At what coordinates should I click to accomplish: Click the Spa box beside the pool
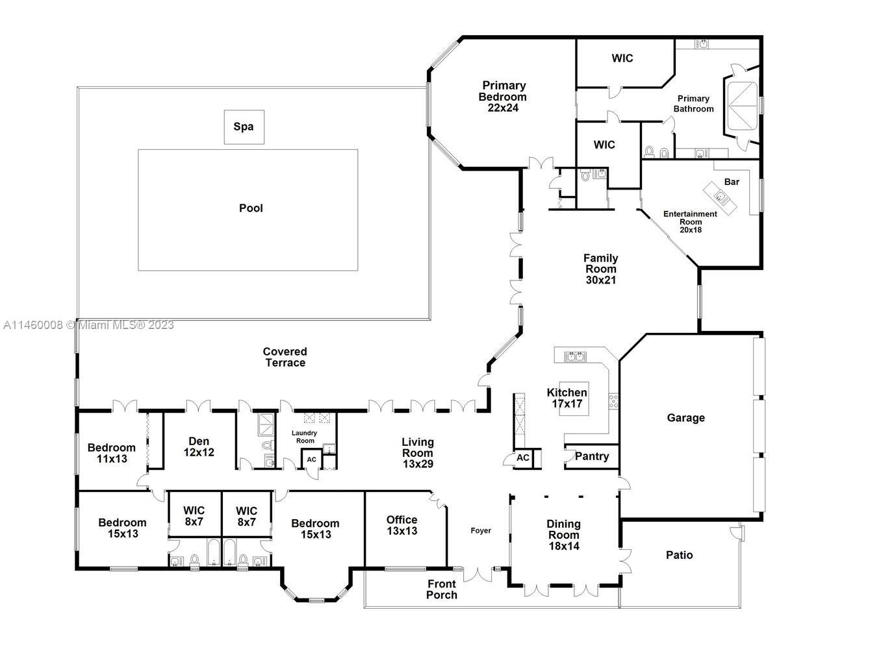pos(244,127)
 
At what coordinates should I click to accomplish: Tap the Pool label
pos(251,208)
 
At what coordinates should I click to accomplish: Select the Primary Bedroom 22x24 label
pos(504,97)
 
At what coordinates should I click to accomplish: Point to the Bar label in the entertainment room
pos(732,182)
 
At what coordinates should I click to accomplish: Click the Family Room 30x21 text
pos(600,269)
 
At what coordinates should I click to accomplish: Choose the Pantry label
pos(592,456)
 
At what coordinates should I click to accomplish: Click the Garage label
pos(685,418)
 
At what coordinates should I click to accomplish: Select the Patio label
pos(679,555)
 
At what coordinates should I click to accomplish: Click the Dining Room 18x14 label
pos(563,535)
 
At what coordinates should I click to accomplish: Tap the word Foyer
pos(481,531)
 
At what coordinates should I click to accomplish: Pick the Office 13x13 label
pos(402,525)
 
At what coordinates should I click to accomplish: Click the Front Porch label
pos(442,589)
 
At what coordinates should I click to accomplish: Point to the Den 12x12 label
pos(199,447)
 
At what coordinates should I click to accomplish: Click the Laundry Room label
pos(304,437)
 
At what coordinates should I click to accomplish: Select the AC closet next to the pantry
pos(523,458)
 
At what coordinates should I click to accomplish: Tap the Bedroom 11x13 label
pos(112,453)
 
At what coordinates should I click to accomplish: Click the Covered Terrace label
pos(285,357)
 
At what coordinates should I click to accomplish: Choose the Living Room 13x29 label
pos(417,453)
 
